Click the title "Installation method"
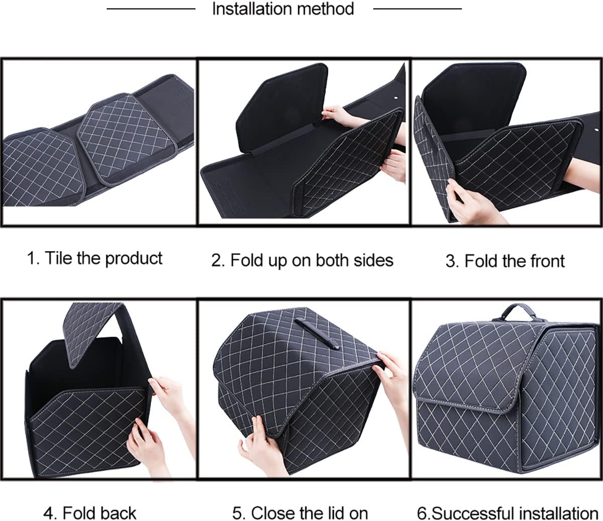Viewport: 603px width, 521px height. (x=283, y=9)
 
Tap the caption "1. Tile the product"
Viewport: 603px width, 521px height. (x=94, y=258)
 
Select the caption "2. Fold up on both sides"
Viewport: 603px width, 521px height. (x=302, y=260)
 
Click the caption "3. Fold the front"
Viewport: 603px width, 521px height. (x=505, y=261)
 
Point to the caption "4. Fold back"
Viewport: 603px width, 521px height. (x=89, y=513)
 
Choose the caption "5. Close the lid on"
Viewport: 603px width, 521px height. (x=300, y=513)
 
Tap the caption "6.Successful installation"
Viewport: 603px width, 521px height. (x=508, y=513)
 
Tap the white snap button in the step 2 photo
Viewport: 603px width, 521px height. (x=395, y=98)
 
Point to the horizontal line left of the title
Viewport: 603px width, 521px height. (x=151, y=9)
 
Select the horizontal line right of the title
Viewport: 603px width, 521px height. (x=417, y=9)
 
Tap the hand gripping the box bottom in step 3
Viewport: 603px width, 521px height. (x=470, y=201)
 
